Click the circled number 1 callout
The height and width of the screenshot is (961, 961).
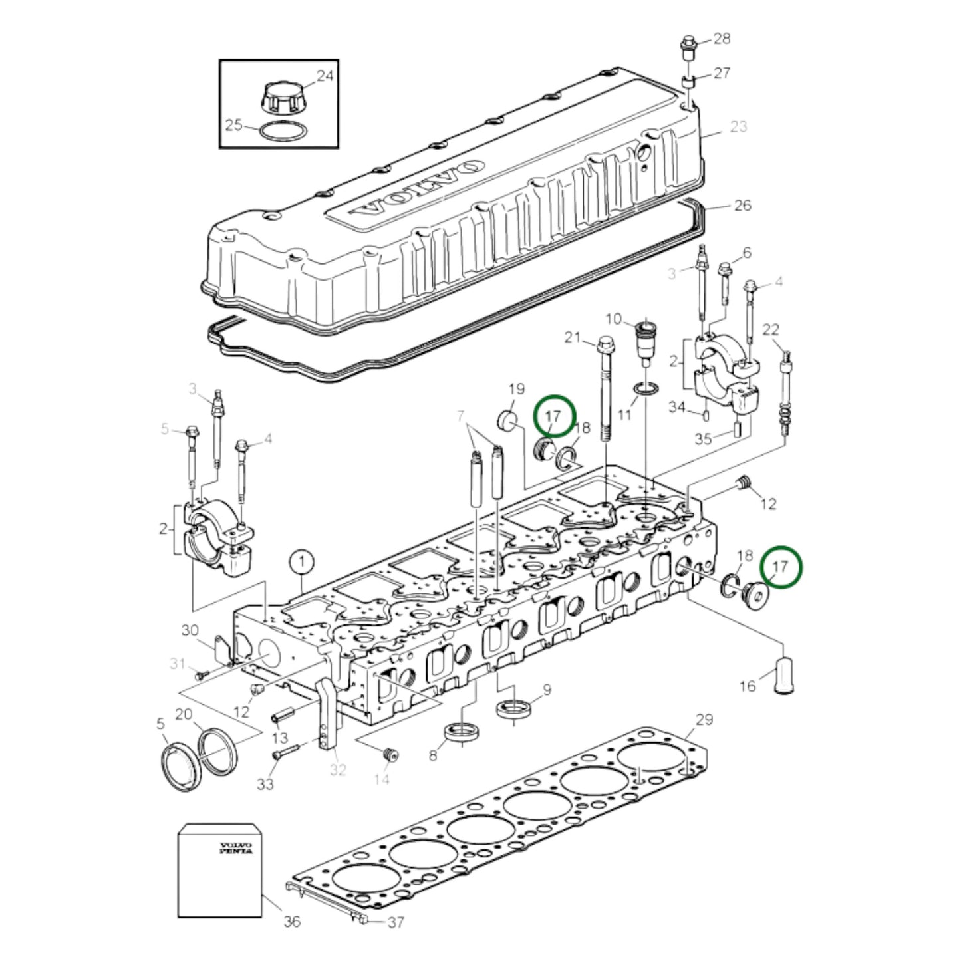301,563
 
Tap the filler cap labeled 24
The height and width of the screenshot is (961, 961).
279,98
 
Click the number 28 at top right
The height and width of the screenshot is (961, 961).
722,38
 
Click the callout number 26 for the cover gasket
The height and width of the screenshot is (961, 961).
742,205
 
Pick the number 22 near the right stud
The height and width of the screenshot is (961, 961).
771,329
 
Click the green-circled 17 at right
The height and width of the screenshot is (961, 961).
781,567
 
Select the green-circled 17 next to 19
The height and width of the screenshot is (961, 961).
554,416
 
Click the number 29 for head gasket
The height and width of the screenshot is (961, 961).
704,719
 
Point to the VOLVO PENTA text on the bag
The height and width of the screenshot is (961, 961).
236,848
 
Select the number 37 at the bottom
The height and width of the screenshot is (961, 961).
396,922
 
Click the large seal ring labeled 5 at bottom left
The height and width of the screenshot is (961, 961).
182,768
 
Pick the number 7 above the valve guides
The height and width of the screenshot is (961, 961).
460,417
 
